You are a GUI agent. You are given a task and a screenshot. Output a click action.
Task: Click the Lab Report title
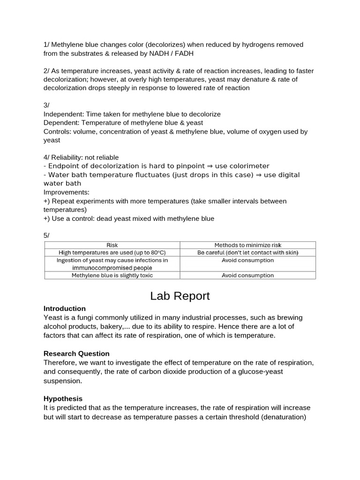point(180,296)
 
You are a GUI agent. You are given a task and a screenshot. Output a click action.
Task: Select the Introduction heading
point(65,308)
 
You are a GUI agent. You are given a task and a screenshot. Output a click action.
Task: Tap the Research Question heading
point(76,353)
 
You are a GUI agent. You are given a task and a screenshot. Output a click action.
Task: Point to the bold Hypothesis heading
point(63,398)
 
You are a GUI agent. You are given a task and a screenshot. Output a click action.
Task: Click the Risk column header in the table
point(112,245)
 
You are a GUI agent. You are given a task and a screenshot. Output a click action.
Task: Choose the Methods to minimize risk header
point(248,245)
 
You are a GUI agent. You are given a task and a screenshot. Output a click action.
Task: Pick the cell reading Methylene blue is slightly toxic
point(112,276)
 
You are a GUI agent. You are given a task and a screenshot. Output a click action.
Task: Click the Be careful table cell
point(248,253)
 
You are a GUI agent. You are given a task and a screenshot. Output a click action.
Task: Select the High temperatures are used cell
point(112,253)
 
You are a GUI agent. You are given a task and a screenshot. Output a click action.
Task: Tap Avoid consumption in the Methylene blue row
point(248,276)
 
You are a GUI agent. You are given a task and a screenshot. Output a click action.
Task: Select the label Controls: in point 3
point(57,132)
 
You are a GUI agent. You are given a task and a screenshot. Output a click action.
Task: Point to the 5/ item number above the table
point(46,235)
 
